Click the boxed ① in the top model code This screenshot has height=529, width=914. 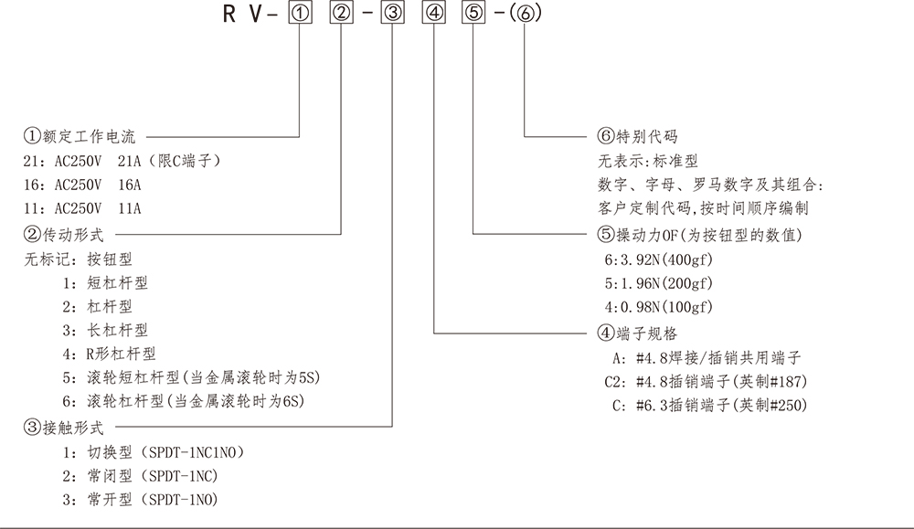[300, 15]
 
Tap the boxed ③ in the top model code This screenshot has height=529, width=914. [392, 15]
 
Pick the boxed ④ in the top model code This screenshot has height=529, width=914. [435, 15]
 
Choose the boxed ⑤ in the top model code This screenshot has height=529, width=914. [473, 15]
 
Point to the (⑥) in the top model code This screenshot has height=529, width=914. [525, 15]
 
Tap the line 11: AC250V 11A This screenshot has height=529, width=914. [83, 208]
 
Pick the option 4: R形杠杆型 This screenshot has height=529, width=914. [110, 354]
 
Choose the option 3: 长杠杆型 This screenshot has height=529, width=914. [105, 330]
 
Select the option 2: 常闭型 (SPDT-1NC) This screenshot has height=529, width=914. [141, 475]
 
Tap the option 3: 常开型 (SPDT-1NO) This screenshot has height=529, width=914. [141, 499]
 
